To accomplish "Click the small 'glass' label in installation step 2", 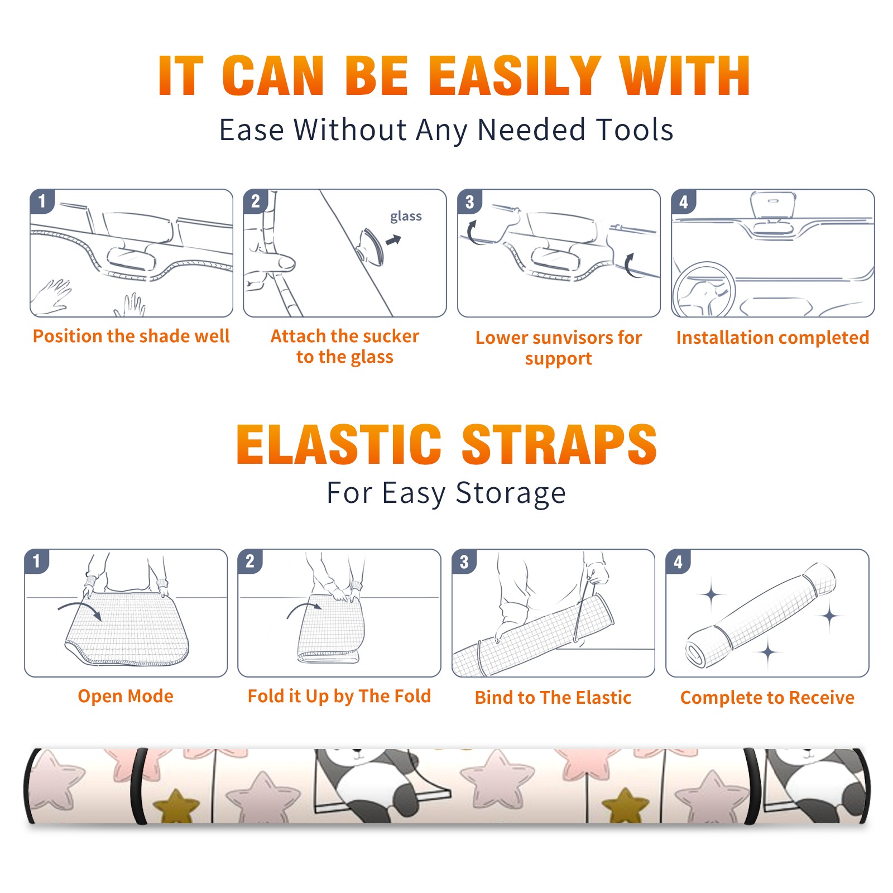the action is click(406, 217).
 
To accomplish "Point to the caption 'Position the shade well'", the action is click(131, 336).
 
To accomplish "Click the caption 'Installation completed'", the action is click(772, 337).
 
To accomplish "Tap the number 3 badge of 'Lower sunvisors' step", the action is click(470, 201).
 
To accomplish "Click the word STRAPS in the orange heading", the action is click(559, 444).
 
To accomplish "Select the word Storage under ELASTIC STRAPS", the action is click(511, 493).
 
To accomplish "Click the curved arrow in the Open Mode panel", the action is click(80, 609).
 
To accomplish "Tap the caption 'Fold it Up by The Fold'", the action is click(339, 696).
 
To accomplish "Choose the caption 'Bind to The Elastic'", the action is click(553, 697).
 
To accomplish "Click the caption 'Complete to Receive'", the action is click(767, 697).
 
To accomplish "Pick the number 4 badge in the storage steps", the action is click(678, 561).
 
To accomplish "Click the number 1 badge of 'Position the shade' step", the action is click(42, 201).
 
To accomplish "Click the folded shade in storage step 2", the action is click(330, 631).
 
